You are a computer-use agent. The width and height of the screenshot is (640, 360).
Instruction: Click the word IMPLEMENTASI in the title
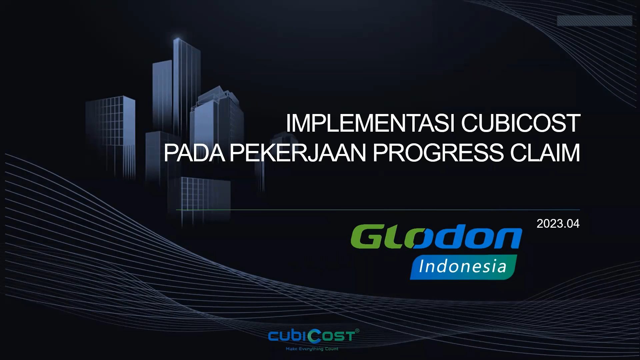(x=371, y=123)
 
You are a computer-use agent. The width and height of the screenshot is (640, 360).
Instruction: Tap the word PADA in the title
(x=194, y=153)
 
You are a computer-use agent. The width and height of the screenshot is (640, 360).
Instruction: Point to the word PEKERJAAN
(x=298, y=153)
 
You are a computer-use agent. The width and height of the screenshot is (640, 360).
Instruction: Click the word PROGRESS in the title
(x=438, y=153)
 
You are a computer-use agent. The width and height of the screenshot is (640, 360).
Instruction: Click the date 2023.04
(x=558, y=224)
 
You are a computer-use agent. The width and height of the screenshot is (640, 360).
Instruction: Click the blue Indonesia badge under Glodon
(x=463, y=267)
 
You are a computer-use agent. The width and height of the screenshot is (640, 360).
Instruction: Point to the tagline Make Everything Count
(x=312, y=349)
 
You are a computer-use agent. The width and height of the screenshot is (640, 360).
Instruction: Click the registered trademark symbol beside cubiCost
(x=357, y=331)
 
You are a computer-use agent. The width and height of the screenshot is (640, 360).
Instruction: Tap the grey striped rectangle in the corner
(x=595, y=21)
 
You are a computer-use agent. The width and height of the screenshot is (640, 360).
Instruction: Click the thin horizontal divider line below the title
(x=378, y=210)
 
